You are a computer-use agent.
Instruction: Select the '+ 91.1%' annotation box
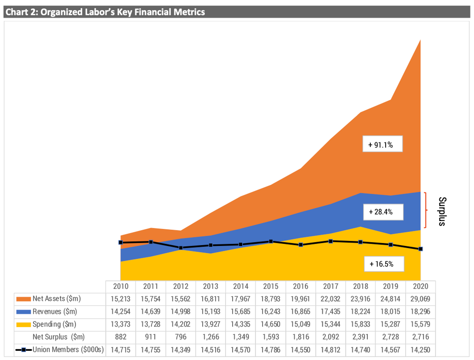click(382, 145)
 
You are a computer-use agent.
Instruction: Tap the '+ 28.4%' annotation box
click(383, 212)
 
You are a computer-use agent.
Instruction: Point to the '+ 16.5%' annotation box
click(384, 264)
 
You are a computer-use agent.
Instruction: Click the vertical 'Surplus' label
click(443, 211)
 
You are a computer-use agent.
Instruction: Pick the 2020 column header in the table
click(420, 286)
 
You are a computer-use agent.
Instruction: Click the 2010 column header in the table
click(121, 286)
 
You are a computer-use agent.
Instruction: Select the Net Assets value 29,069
click(420, 299)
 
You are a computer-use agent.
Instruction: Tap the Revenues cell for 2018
click(360, 311)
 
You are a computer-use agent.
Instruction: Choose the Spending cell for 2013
click(210, 324)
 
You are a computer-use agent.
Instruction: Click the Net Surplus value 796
click(180, 337)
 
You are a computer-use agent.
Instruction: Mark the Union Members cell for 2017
click(330, 350)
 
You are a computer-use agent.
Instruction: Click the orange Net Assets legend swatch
click(23, 299)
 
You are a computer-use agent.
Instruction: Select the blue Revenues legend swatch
click(23, 312)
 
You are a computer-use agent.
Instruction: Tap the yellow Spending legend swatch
click(23, 324)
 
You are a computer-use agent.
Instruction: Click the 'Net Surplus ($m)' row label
click(59, 337)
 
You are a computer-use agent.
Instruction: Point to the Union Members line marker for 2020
click(421, 249)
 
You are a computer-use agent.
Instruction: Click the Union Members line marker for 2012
click(181, 248)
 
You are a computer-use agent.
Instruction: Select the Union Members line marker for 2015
click(271, 241)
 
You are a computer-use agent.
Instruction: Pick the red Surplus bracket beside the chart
click(425, 210)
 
